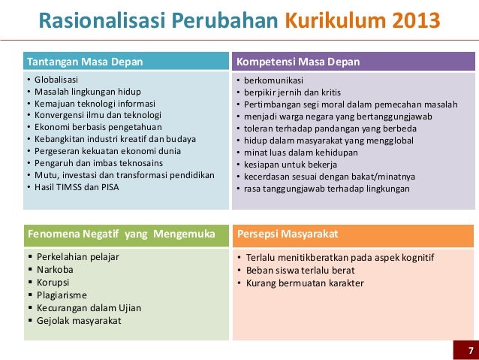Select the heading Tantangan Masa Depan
coord(85,61)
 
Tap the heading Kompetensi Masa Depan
coord(298,61)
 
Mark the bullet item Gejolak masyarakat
coord(79,321)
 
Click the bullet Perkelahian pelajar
coord(78,257)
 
